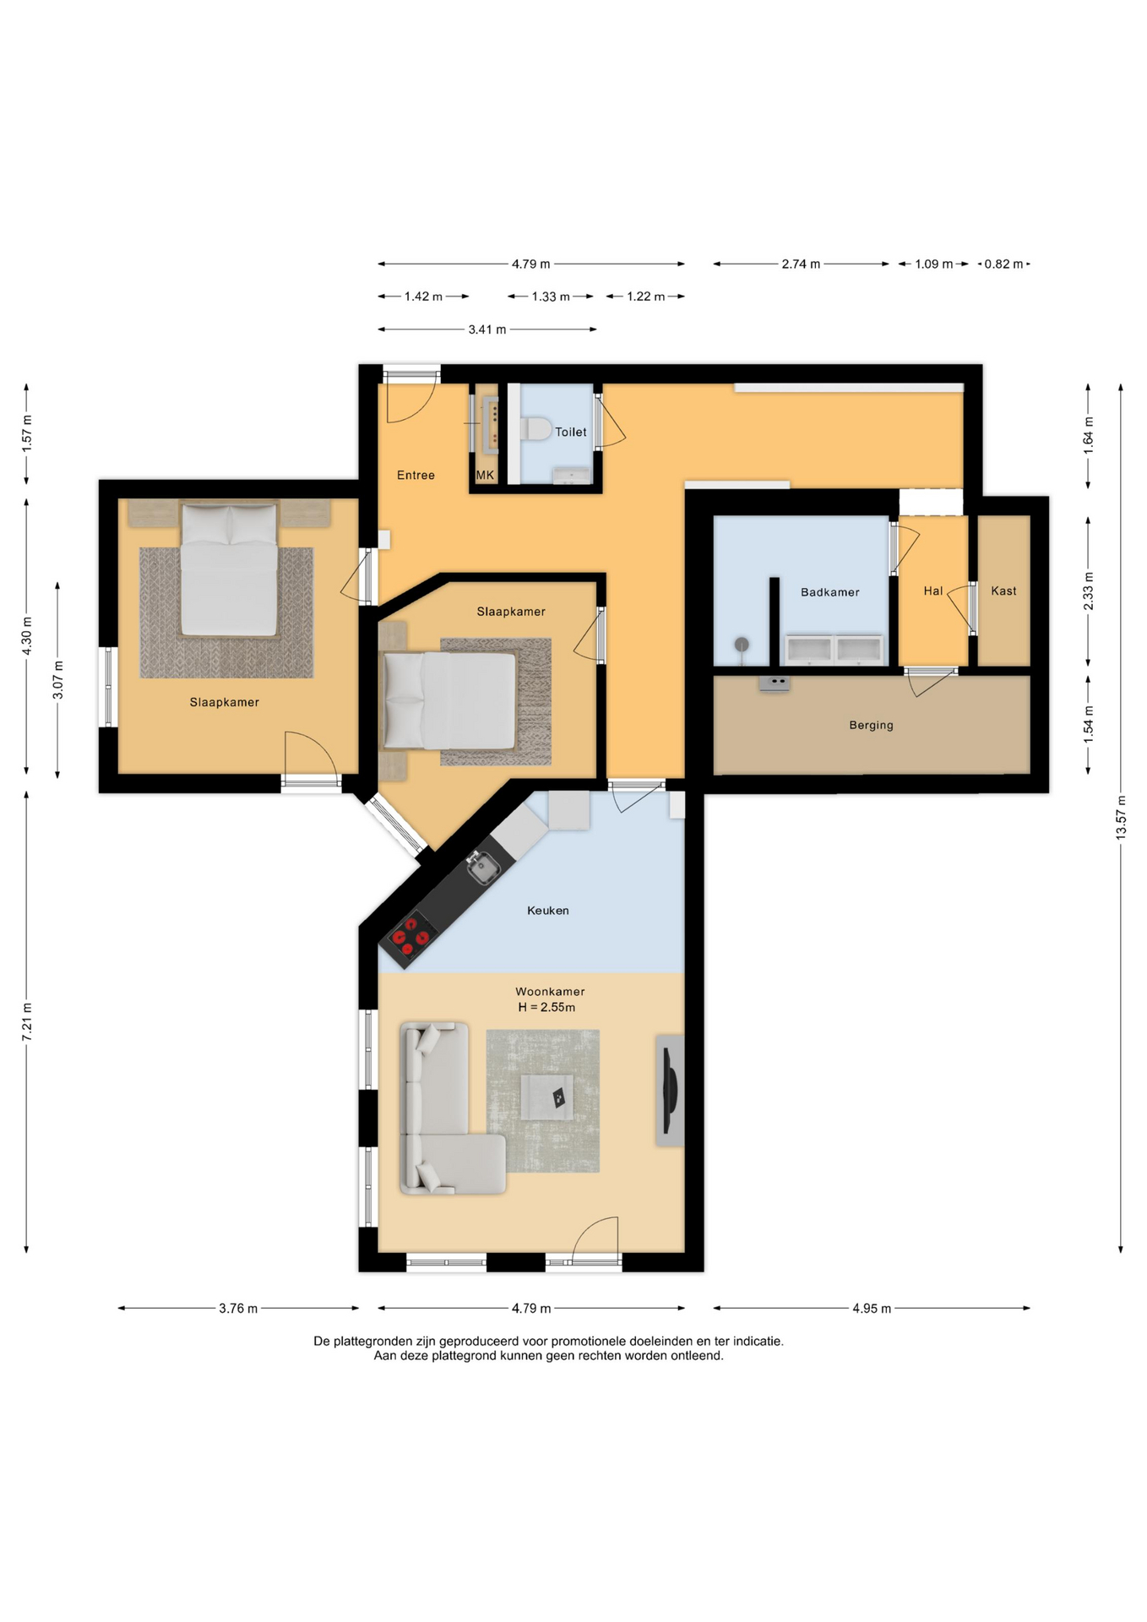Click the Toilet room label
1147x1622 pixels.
570,432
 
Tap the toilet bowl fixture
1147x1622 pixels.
535,428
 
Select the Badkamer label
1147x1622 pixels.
829,592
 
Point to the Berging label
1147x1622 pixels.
871,725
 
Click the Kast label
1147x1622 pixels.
1003,591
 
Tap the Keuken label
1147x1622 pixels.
547,911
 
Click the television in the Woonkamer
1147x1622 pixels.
670,1090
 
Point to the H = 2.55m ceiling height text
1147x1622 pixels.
546,1007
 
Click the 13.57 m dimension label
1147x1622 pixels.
1121,817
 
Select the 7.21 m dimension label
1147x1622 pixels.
26,1021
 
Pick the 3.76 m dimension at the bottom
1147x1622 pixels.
238,1309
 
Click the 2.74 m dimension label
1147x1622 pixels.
801,264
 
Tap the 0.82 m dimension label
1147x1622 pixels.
1003,264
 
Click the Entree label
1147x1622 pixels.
416,475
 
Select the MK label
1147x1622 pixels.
485,475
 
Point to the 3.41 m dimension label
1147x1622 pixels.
487,329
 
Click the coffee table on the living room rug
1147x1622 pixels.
546,1097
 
